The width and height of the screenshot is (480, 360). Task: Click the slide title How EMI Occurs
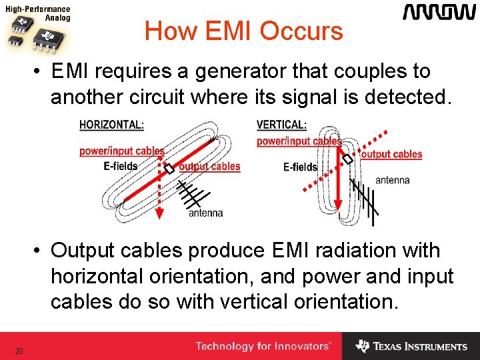coord(243,31)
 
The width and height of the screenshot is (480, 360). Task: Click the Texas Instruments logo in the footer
coord(411,346)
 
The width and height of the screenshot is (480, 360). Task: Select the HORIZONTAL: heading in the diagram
coord(111,125)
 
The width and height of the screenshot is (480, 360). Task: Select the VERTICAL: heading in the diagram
coord(281,125)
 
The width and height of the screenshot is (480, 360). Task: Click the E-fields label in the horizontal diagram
coord(121,166)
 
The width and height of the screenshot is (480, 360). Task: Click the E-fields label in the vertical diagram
coord(300,167)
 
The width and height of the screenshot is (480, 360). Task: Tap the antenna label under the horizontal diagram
coord(205,213)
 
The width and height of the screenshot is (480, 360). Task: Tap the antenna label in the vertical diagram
coord(393,180)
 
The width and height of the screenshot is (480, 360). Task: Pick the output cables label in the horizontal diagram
coord(209,167)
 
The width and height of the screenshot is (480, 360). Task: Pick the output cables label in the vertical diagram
coord(391,154)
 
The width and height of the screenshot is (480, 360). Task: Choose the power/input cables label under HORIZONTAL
coord(122,151)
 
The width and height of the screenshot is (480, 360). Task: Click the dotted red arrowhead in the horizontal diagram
coord(160,215)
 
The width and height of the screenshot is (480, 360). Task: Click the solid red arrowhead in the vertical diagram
coord(338,204)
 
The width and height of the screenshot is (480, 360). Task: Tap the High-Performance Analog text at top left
coord(39,13)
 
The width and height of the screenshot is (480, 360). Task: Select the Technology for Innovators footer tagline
coord(263,346)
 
